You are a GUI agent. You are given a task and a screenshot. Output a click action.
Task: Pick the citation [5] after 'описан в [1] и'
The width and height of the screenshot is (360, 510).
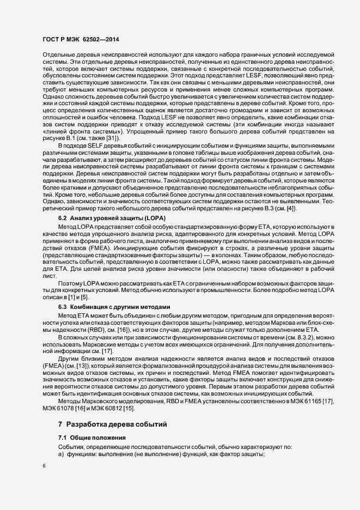click(85, 297)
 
